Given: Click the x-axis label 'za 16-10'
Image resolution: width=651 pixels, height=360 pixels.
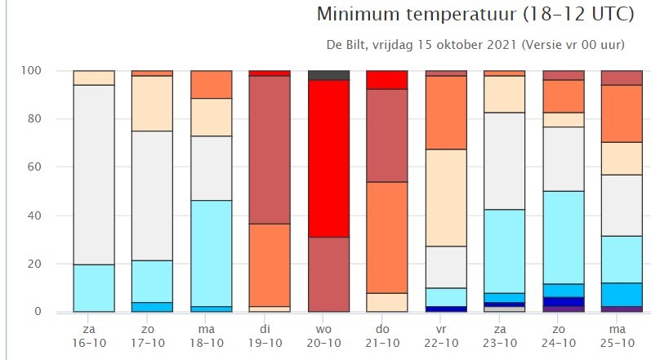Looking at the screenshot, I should point(94,334).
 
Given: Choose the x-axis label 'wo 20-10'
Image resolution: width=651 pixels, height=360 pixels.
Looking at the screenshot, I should point(329,334).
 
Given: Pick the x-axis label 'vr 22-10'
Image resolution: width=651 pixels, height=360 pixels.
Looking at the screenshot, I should point(447,334).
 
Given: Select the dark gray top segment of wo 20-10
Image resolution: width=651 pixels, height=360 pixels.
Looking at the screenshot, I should point(329,75).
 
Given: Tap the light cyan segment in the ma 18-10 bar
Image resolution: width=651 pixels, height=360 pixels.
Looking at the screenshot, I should point(212,253).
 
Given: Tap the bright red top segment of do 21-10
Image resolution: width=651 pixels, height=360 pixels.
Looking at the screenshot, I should point(388,80).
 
